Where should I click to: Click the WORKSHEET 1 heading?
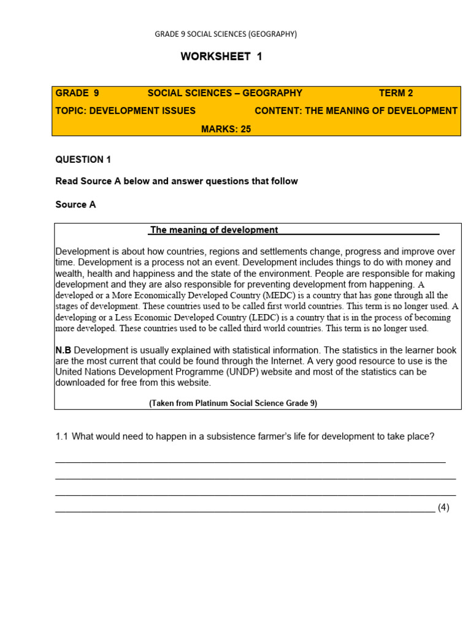[221, 56]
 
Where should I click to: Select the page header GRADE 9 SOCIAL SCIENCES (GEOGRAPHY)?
[226, 34]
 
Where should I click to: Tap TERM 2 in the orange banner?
[396, 93]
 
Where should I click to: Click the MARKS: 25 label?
[226, 129]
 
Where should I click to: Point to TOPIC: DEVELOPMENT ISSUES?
[126, 111]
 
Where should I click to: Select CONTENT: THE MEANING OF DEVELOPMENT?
[356, 111]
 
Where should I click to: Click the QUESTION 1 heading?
[83, 160]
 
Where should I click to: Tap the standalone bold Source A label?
[75, 205]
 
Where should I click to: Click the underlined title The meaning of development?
[214, 230]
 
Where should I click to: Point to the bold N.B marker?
[63, 350]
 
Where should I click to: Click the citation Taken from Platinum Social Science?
[232, 403]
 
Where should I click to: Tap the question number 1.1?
[61, 437]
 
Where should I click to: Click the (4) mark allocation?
[443, 508]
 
